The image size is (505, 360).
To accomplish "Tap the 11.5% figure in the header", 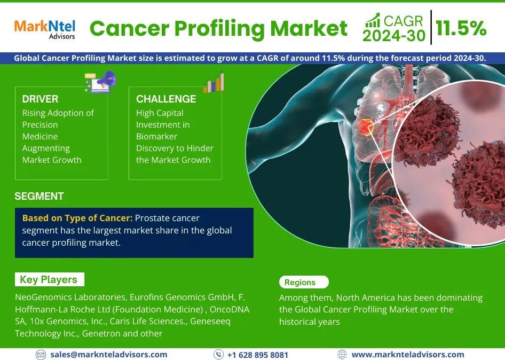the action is [461, 28].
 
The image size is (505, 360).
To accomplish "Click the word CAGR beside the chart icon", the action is [403, 21].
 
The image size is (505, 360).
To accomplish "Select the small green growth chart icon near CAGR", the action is [372, 20].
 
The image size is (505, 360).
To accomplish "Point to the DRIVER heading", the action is [40, 99].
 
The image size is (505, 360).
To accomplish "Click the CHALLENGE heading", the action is [166, 99].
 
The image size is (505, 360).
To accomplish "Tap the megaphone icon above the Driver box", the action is [100, 82].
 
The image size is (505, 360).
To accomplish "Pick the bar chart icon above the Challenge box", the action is [214, 82].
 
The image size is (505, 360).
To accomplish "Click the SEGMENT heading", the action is [40, 196].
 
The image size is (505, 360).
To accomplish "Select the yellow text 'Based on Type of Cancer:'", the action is [77, 218].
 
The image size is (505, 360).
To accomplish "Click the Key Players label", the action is [49, 279].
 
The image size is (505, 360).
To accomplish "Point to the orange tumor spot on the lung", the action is [366, 127].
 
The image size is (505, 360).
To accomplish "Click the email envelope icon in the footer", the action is [41, 355].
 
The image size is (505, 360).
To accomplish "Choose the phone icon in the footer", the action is [218, 355].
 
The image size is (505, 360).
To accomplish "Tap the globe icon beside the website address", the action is [342, 355].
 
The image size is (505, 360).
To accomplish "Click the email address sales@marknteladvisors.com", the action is [108, 355].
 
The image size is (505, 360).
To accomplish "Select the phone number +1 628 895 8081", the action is [258, 355].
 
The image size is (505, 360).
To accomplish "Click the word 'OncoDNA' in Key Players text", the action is [230, 309].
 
